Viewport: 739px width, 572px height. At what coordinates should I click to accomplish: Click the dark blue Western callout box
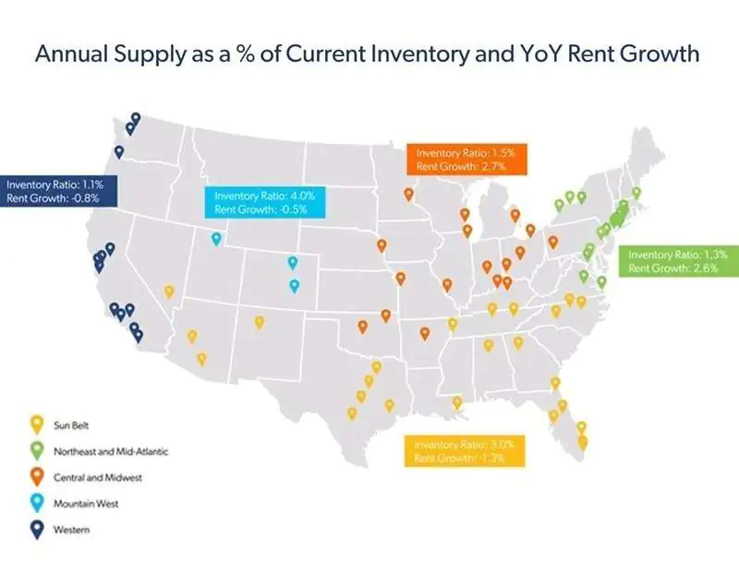coord(57,191)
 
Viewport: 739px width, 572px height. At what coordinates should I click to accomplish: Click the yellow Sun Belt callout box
coord(465,450)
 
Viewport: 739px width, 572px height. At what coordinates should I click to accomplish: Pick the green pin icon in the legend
coord(37,451)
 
